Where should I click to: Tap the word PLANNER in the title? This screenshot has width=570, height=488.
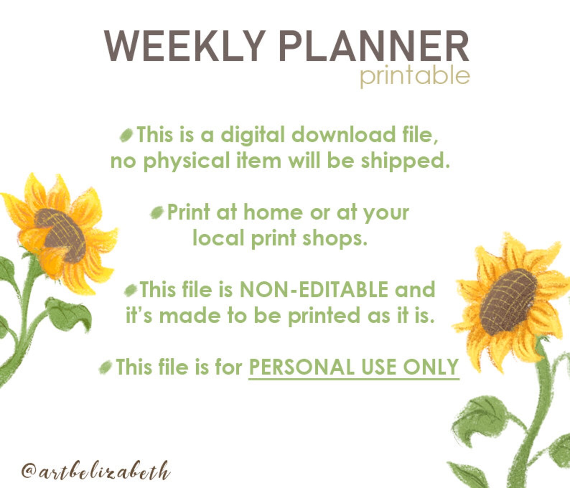(373, 46)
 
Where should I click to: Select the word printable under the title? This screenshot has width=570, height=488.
(415, 76)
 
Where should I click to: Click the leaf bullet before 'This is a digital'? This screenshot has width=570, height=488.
(126, 135)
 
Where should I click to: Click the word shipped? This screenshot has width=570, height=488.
(405, 161)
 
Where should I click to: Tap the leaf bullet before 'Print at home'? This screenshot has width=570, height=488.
(157, 213)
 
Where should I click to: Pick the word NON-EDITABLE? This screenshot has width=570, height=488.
(314, 290)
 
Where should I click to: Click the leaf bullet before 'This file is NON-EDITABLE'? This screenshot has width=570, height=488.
(131, 290)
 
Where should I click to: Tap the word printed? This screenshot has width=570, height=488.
(324, 316)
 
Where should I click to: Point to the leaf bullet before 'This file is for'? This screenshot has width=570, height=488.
(106, 367)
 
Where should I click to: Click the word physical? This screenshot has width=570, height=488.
(186, 161)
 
